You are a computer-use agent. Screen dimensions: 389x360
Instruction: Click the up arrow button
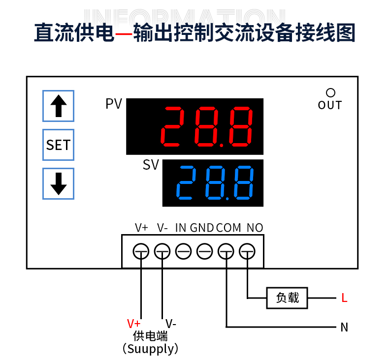[x=58, y=106]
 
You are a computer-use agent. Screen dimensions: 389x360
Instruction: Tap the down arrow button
[x=58, y=183]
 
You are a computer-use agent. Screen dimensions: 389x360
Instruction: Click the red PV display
[x=194, y=126]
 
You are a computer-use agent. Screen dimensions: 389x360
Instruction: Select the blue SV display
[x=213, y=183]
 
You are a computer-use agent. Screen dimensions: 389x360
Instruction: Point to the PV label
[x=114, y=104]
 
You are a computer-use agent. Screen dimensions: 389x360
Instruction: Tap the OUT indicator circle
[x=330, y=92]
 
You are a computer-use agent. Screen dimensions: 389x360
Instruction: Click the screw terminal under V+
[x=141, y=252]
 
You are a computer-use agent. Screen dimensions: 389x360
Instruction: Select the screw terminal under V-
[x=162, y=252]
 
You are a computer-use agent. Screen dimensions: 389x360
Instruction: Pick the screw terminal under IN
[x=183, y=252]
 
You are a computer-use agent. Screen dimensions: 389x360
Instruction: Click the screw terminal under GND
[x=204, y=252]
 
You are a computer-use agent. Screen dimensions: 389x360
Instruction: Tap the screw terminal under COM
[x=226, y=252]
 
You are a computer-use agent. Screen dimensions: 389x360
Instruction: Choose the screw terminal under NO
[x=247, y=252]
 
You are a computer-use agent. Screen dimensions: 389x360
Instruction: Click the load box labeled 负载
[x=287, y=298]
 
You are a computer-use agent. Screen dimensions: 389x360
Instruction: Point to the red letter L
[x=344, y=298]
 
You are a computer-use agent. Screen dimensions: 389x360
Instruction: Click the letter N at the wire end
[x=344, y=327]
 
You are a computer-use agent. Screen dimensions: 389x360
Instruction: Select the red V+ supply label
[x=133, y=324]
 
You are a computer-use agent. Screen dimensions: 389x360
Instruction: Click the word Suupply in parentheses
[x=150, y=349]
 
